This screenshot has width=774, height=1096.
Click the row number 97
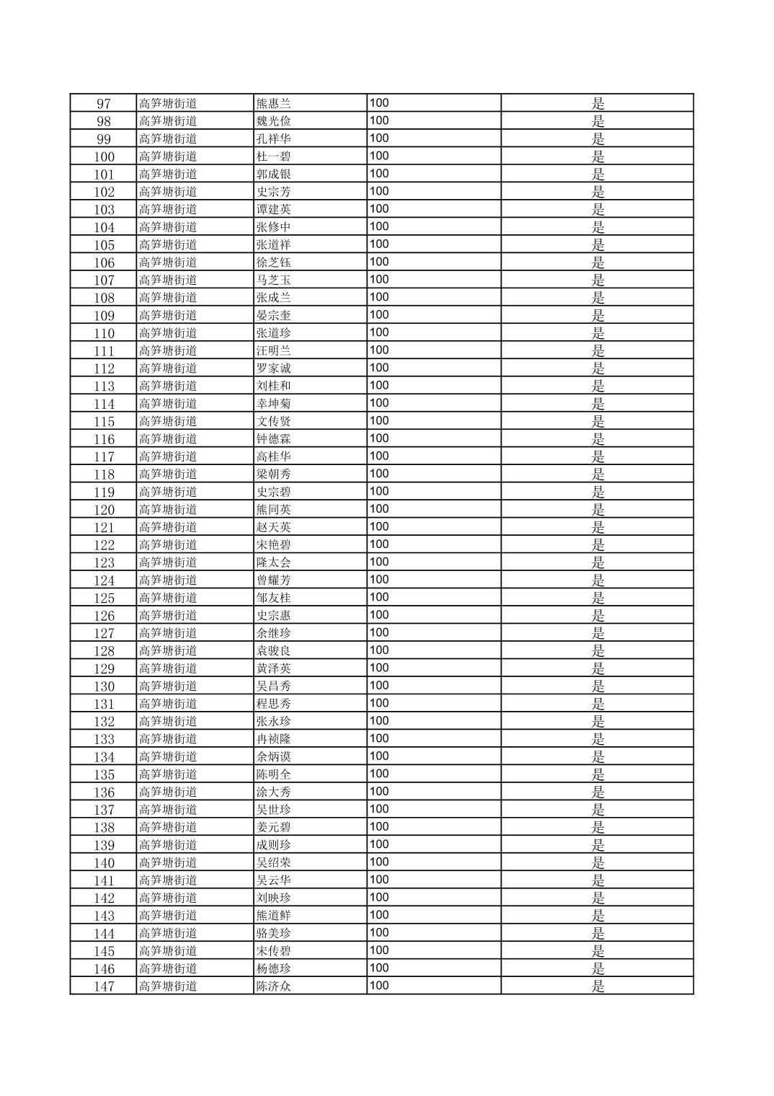point(104,104)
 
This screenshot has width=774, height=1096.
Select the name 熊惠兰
point(273,104)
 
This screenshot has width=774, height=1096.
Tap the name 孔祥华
point(273,139)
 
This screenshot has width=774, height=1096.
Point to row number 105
point(104,245)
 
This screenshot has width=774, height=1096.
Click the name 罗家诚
point(273,368)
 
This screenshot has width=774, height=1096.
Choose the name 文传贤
point(273,422)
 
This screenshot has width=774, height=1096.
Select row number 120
point(104,510)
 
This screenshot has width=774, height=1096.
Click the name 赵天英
point(273,528)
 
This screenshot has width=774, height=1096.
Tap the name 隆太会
point(273,563)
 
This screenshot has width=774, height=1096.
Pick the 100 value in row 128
point(379,650)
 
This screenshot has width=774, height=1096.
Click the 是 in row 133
point(598,739)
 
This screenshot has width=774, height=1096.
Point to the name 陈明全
point(273,774)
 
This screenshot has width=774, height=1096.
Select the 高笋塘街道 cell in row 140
point(168,863)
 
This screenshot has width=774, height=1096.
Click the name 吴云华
point(273,880)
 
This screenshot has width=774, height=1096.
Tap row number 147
point(104,986)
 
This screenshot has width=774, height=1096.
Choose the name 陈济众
point(273,986)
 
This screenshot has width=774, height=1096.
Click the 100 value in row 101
point(379,174)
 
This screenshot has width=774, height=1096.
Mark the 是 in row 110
point(598,333)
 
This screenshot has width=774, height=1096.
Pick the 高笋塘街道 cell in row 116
point(168,439)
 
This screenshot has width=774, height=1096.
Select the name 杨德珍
point(273,969)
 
